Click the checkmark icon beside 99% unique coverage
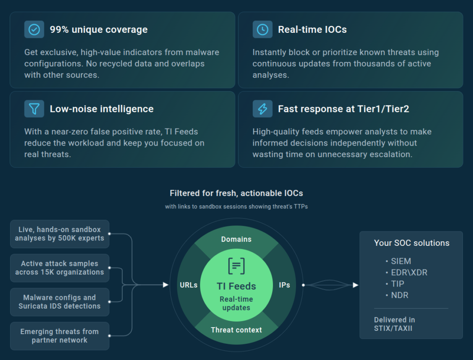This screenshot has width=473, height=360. coord(34,30)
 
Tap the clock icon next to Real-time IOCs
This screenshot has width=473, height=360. coord(262,30)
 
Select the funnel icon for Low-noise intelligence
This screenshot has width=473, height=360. coord(34,109)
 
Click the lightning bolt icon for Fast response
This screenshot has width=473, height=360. coord(262,109)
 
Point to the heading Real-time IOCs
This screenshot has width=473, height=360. coord(312,30)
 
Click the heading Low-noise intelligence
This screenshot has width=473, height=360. coord(102,109)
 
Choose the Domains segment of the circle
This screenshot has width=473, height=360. coord(236,239)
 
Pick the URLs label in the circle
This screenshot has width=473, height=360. coord(188,285)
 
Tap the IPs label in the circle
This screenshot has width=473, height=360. coord(285,285)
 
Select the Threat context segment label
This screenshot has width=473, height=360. coord(236,330)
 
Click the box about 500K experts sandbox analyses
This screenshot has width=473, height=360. coord(60,234)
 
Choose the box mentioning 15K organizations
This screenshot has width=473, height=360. coord(60,268)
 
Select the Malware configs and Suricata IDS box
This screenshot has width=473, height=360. coord(60,302)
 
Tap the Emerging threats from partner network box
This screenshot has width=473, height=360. coord(60,336)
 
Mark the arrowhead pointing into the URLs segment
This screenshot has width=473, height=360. coord(166,285)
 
